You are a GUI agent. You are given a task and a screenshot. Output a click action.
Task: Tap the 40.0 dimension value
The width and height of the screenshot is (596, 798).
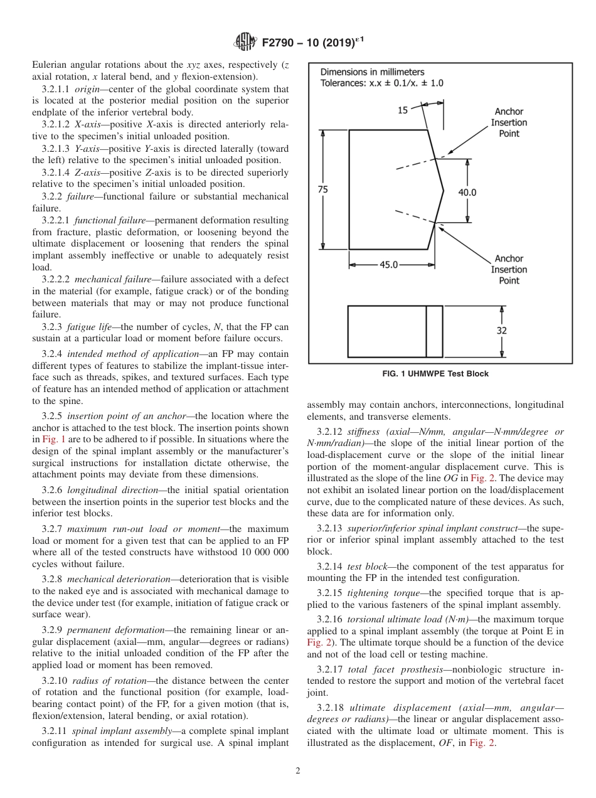[x=467, y=193]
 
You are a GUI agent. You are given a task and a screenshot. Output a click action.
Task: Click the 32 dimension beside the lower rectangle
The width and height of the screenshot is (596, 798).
[x=502, y=330]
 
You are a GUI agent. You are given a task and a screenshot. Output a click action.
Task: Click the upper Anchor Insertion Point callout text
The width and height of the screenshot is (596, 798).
[x=509, y=123]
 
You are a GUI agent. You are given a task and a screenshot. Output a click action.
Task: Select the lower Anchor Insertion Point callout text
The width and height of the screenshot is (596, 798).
[x=509, y=270]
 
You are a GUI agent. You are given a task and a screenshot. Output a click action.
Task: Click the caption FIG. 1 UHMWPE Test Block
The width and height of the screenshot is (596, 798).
[x=435, y=374]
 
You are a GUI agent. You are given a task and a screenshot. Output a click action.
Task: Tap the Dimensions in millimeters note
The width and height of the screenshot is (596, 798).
[x=372, y=72]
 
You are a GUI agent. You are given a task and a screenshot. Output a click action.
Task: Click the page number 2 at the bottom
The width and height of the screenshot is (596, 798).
[x=298, y=771]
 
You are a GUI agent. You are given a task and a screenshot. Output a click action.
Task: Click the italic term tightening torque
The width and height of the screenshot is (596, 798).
[x=376, y=593]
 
